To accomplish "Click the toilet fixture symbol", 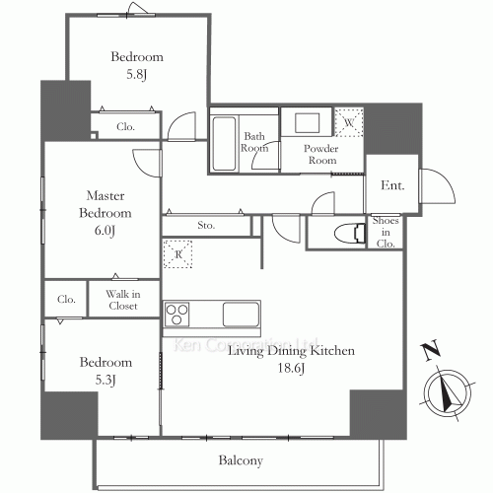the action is tap(349, 233).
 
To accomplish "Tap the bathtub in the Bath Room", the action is tap(224, 144).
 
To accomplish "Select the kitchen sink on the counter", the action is tap(241, 315).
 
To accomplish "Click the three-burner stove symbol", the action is tap(176, 315).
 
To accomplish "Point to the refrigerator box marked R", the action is tap(177, 254).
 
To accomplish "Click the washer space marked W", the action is tap(349, 122).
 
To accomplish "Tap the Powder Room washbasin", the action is tap(307, 123).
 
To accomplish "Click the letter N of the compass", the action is tap(431, 350).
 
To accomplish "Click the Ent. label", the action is tap(392, 185).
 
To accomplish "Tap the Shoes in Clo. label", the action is tap(386, 232).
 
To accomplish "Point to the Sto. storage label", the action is tap(206, 225).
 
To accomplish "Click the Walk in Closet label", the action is tap(123, 300).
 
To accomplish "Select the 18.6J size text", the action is tap(291, 368).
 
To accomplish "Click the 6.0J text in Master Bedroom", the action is tap(105, 231).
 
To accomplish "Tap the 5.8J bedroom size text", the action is tap(136, 74).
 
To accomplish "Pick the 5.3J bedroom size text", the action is tap(106, 380).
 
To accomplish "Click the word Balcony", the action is tap(241, 460).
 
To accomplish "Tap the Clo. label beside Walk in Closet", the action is tap(66, 299).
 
